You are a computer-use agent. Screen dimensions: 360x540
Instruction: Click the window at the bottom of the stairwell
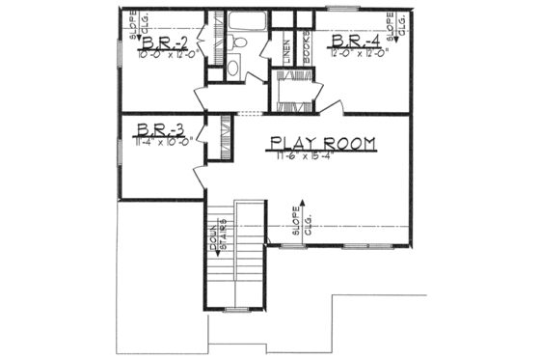point(236,309)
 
